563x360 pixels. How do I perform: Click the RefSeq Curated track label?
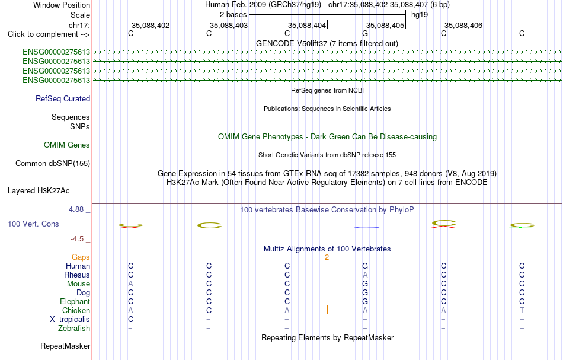pos(63,99)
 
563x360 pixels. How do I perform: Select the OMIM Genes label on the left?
pos(67,145)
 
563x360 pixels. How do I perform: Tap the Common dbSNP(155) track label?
pos(53,164)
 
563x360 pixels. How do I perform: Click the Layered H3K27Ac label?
pos(39,191)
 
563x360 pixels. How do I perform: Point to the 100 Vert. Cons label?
pos(33,224)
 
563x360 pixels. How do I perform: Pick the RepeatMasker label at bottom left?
pos(65,346)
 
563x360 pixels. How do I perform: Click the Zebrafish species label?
pos(74,329)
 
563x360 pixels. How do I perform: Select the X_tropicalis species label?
pos(70,320)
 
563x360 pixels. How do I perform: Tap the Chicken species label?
pos(76,310)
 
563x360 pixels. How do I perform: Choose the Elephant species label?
pos(75,302)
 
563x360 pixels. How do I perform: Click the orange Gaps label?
pos(81,257)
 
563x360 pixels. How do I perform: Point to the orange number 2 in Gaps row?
pos(327,257)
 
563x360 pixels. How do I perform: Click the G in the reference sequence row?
pos(365,34)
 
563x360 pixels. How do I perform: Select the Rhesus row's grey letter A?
pos(365,275)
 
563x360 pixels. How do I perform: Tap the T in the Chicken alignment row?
pos(522,310)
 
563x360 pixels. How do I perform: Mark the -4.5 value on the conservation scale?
pos(77,239)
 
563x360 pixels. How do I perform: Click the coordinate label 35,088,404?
pos(307,25)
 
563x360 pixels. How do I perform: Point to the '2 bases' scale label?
pos(233,15)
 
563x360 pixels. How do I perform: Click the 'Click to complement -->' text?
pos(49,34)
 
